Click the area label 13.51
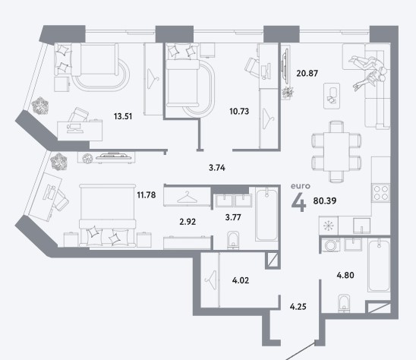coord(123,116)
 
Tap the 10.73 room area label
coord(239,111)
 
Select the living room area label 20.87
coord(307,73)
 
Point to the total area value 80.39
coord(325,201)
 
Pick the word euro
coord(301,186)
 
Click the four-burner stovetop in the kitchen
coord(381,193)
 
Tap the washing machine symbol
coord(330,245)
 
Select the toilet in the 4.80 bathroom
coord(345,303)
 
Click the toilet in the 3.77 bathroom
coord(233,240)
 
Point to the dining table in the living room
coord(336,152)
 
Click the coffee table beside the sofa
coord(332,96)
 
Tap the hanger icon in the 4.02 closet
coord(210,280)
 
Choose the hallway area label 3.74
coord(217,168)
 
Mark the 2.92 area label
coord(188,222)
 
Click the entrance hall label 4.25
coord(298,307)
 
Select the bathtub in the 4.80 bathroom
coord(379,266)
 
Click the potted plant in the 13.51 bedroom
coord(40,106)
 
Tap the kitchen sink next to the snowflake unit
coord(361,226)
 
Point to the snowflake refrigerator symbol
coord(329,226)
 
